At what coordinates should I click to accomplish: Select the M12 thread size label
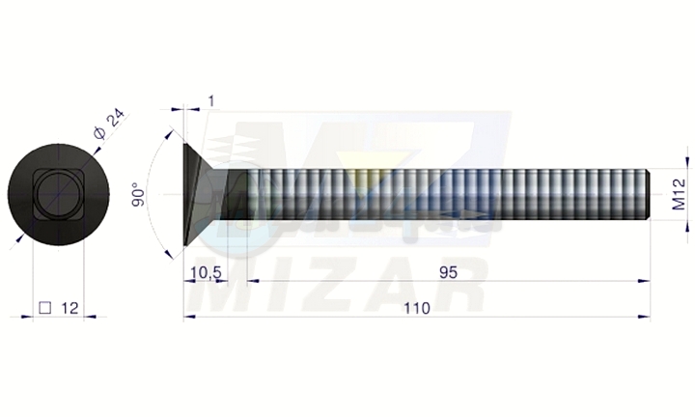click(x=679, y=195)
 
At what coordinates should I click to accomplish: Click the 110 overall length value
click(x=417, y=308)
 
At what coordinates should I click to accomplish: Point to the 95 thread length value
click(x=448, y=272)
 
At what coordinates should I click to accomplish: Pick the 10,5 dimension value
click(x=206, y=272)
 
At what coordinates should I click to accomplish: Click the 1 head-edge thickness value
click(x=211, y=101)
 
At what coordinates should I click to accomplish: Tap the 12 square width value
click(x=69, y=308)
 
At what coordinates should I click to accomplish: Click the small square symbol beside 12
click(x=45, y=308)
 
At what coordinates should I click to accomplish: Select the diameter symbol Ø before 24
click(x=100, y=133)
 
